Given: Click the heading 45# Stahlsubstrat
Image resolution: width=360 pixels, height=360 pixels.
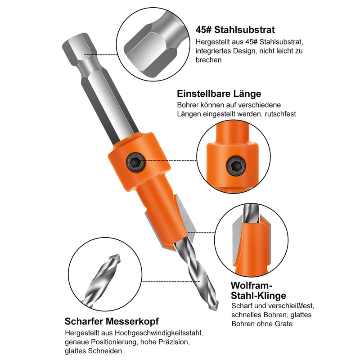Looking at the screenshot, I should click(235, 30).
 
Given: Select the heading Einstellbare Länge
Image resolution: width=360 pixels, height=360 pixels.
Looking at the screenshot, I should click(219, 94).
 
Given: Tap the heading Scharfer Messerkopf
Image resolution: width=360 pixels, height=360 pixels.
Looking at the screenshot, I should click(112, 321).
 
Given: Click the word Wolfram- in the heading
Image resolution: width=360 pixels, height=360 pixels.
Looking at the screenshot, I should click(252, 286).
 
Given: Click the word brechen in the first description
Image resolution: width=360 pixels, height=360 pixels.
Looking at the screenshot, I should click(209, 59).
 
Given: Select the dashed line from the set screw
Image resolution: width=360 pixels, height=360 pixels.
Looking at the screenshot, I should click(171, 160).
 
